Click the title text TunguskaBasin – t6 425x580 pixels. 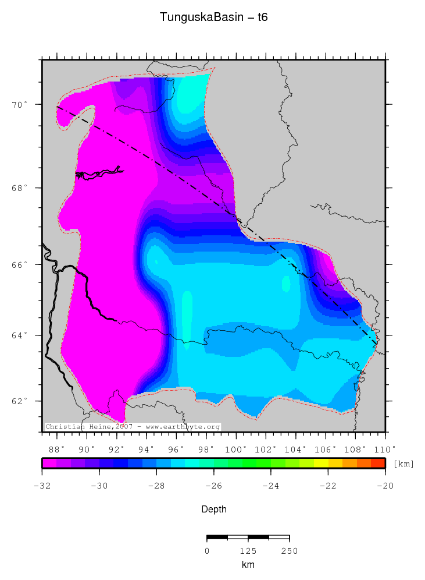click(x=213, y=18)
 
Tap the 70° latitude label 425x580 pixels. click(x=22, y=105)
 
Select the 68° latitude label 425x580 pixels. click(x=22, y=188)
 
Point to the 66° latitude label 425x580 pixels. click(x=22, y=264)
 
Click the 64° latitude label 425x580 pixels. click(x=22, y=335)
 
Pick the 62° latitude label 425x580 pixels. click(x=22, y=401)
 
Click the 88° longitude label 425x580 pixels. click(x=56, y=449)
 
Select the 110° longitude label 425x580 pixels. click(x=384, y=449)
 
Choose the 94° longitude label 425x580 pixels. click(x=147, y=449)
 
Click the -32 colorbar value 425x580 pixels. click(x=42, y=484)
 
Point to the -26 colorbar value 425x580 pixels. click(x=213, y=484)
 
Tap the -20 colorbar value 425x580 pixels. click(x=385, y=484)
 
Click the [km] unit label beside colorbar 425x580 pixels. click(x=403, y=464)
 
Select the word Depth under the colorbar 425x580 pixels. click(x=213, y=510)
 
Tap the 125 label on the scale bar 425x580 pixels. click(x=248, y=551)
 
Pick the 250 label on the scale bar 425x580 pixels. click(x=289, y=551)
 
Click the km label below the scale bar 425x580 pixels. click(x=248, y=565)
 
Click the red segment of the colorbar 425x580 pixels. click(x=378, y=463)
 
